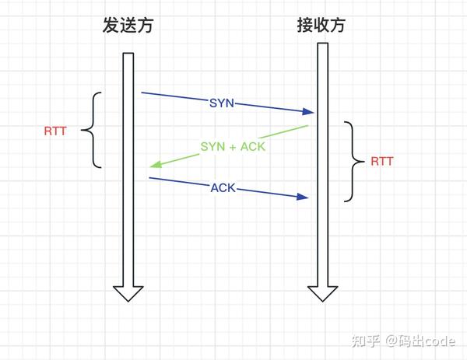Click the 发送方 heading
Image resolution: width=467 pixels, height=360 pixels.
coord(128,25)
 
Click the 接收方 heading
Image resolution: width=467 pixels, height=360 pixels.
coord(321,25)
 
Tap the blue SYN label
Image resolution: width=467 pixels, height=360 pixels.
coord(222,103)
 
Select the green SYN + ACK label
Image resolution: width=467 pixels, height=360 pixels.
coord(233,146)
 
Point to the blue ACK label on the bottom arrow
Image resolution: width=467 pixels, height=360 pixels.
coord(223,187)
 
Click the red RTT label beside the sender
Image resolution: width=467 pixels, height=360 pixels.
coord(55,131)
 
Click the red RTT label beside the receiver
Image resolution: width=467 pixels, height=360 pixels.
coord(382,161)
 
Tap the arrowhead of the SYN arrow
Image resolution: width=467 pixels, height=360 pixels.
coord(308,111)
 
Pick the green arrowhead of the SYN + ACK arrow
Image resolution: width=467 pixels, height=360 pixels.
coord(156,164)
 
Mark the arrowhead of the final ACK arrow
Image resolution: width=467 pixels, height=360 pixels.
coord(302,197)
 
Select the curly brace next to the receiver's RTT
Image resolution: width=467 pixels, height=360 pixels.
coord(354,162)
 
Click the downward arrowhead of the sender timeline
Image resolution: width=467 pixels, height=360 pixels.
coord(128,294)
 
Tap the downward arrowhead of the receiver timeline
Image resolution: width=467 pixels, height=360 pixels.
coord(322,294)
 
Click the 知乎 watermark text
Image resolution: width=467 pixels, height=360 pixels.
coord(366,341)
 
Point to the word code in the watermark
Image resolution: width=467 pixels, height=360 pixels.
coord(439,341)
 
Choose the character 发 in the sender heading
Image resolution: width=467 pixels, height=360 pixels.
coord(111,25)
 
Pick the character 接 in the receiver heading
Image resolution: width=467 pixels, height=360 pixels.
coord(305,25)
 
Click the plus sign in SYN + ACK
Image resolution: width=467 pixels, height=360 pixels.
coord(232,147)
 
